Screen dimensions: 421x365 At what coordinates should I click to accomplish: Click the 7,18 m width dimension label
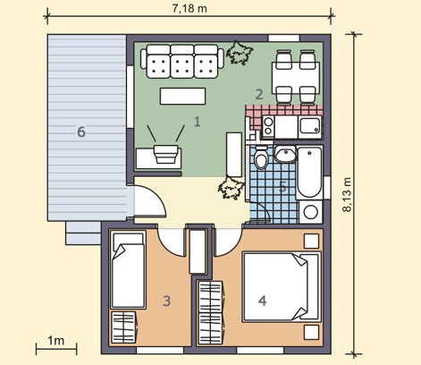tap(189, 8)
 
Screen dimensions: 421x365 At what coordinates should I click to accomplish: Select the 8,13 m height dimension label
tap(347, 195)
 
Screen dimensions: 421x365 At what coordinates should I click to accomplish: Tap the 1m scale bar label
tap(55, 341)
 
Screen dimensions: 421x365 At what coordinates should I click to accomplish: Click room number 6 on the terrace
tap(81, 132)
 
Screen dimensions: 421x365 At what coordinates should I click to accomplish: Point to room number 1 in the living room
tap(198, 122)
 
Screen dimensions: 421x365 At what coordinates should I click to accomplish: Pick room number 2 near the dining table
tap(259, 94)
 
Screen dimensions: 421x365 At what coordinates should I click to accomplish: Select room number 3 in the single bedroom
tap(167, 301)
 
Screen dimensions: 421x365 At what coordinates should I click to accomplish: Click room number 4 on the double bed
tap(263, 301)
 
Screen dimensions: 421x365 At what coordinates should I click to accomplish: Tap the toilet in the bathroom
tap(262, 157)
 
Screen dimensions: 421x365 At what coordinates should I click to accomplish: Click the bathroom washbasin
tap(285, 154)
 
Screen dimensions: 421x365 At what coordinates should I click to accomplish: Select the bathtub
tap(310, 172)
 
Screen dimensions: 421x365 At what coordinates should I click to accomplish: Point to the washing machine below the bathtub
tap(311, 212)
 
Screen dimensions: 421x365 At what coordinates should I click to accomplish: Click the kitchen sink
tap(310, 125)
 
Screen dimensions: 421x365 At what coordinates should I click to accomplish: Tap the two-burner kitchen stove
tap(268, 126)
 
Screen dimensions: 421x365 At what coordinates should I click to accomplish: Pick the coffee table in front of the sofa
tap(182, 96)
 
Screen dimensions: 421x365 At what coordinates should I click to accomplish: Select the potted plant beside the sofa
tap(239, 53)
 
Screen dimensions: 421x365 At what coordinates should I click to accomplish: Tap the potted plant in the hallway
tap(231, 188)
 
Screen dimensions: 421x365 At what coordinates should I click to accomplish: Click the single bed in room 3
tap(128, 270)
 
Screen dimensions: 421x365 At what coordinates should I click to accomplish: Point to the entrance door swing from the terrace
tap(157, 197)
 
